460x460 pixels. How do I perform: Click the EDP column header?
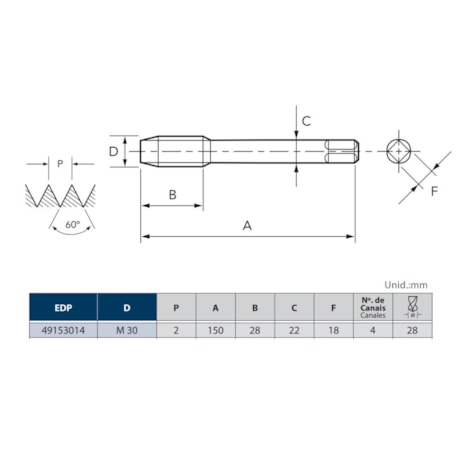click(x=62, y=307)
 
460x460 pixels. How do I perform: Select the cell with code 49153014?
click(x=62, y=331)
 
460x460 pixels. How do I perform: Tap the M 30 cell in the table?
click(x=127, y=331)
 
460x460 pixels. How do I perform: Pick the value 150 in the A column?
click(x=215, y=331)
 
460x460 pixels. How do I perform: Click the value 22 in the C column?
click(x=293, y=331)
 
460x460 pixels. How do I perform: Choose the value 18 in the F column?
click(x=332, y=331)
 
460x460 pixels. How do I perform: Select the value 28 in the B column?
click(x=254, y=331)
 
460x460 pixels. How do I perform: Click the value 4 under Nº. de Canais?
click(x=372, y=331)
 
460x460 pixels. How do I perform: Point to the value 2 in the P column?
click(x=176, y=331)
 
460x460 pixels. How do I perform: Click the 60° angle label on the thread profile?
click(x=72, y=225)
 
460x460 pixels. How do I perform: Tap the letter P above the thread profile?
click(x=60, y=164)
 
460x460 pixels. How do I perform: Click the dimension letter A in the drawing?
click(x=247, y=226)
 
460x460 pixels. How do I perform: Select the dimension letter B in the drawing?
click(x=173, y=195)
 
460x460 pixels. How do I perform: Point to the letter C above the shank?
click(x=306, y=121)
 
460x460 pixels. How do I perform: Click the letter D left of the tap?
click(x=113, y=152)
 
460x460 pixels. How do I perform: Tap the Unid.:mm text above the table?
click(x=406, y=284)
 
